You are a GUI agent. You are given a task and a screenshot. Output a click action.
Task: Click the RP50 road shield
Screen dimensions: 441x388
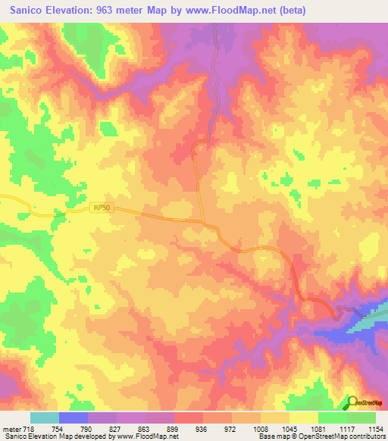click(102, 207)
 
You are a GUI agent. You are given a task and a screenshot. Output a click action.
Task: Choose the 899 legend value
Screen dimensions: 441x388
click(174, 429)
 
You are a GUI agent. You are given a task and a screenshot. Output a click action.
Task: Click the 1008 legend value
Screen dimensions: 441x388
click(260, 429)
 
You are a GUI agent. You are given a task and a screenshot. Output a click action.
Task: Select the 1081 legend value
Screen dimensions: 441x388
click(318, 429)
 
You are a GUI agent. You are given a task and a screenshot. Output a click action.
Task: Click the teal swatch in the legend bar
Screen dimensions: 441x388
click(45, 418)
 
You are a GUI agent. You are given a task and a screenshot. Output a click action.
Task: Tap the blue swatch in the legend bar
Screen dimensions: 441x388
click(74, 418)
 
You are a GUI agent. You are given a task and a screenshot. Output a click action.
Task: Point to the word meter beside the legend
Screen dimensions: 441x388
click(10, 429)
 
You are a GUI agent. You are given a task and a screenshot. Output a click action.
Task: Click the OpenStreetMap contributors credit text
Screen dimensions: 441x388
click(342, 437)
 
